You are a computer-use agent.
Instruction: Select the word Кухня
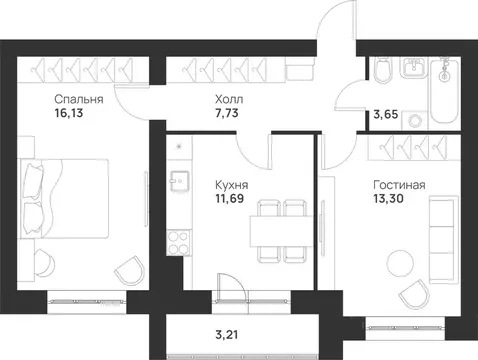233,185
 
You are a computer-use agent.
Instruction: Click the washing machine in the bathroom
413,111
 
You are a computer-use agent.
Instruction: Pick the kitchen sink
181,183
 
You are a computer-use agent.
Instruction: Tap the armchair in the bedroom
127,271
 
